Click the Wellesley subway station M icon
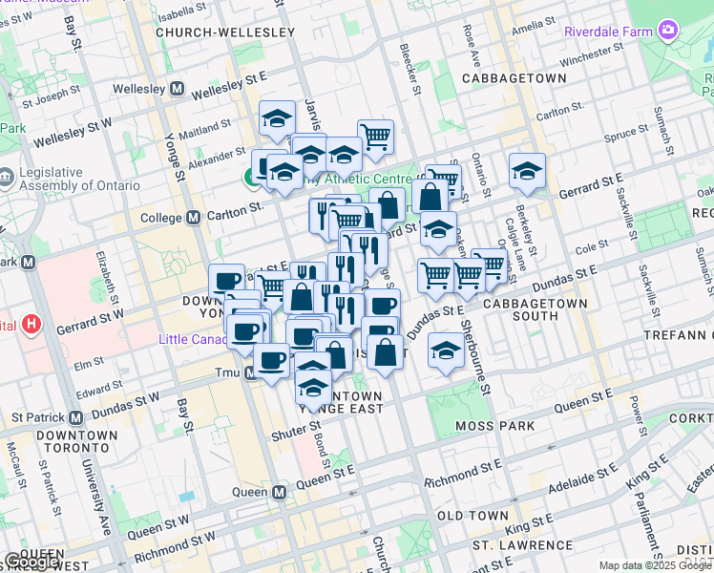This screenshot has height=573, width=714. pos(177,89)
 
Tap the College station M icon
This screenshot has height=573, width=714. pos(194,218)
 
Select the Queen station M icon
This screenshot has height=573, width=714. pos(280,493)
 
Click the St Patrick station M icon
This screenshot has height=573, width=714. pos(73,417)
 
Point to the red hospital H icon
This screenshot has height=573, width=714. pos(31,325)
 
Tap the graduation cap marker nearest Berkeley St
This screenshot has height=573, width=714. pos(527,170)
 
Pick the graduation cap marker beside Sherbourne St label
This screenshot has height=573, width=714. pos(446,350)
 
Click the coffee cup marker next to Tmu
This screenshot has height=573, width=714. pos(272,361)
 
